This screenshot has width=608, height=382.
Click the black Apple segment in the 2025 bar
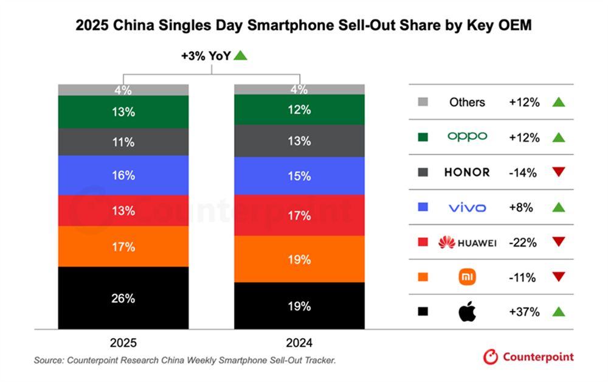(x=123, y=298)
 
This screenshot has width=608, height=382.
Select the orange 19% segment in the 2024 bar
(x=300, y=259)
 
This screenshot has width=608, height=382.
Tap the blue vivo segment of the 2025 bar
(x=123, y=176)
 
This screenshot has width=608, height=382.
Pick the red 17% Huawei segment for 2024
(x=300, y=215)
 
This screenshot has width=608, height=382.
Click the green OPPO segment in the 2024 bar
(x=300, y=109)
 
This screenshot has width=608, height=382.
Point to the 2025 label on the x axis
(x=123, y=342)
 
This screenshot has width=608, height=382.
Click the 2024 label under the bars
(x=300, y=342)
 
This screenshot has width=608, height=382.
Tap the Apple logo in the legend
(x=467, y=311)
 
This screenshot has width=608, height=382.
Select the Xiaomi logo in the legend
(x=467, y=277)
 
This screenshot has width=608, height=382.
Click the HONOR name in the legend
(x=467, y=172)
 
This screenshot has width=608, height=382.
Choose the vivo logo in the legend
(x=467, y=207)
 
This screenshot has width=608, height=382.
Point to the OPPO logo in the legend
(x=467, y=137)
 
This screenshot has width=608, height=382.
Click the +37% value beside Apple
(x=524, y=311)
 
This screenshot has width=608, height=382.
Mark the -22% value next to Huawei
(x=524, y=243)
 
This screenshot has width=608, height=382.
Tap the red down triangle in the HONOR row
(x=559, y=173)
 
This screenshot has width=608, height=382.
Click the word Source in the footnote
(x=49, y=361)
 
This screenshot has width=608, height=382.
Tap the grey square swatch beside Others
(x=424, y=102)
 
